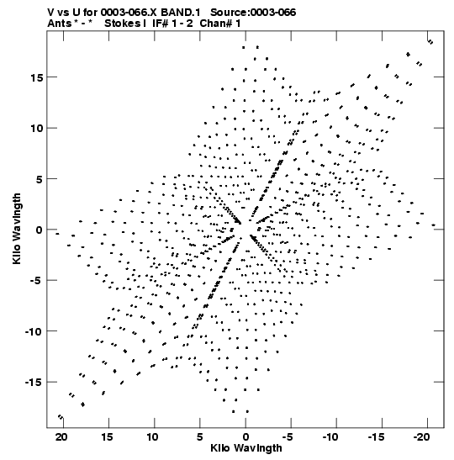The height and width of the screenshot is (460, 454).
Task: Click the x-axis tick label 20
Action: coord(61,437)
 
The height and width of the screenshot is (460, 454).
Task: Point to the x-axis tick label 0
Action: coord(245,437)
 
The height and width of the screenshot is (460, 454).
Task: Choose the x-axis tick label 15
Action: coord(107,437)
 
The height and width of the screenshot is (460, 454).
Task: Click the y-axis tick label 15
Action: coord(37,77)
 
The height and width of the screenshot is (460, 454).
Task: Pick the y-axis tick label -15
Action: coord(34,382)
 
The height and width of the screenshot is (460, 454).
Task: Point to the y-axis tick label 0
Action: coord(40,230)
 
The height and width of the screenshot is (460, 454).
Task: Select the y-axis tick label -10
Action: coord(34,331)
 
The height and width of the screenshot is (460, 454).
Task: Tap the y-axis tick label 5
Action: coord(40,179)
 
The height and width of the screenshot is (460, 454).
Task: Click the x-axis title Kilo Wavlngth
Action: coord(246,448)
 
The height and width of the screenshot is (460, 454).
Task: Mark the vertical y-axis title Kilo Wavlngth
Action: coord(17,229)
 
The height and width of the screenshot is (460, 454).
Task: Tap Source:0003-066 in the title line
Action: coord(253,13)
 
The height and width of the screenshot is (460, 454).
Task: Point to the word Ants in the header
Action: coord(59,24)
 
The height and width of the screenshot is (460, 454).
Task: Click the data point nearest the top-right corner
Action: coord(430,42)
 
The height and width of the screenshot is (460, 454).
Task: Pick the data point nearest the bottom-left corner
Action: coord(61,416)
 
